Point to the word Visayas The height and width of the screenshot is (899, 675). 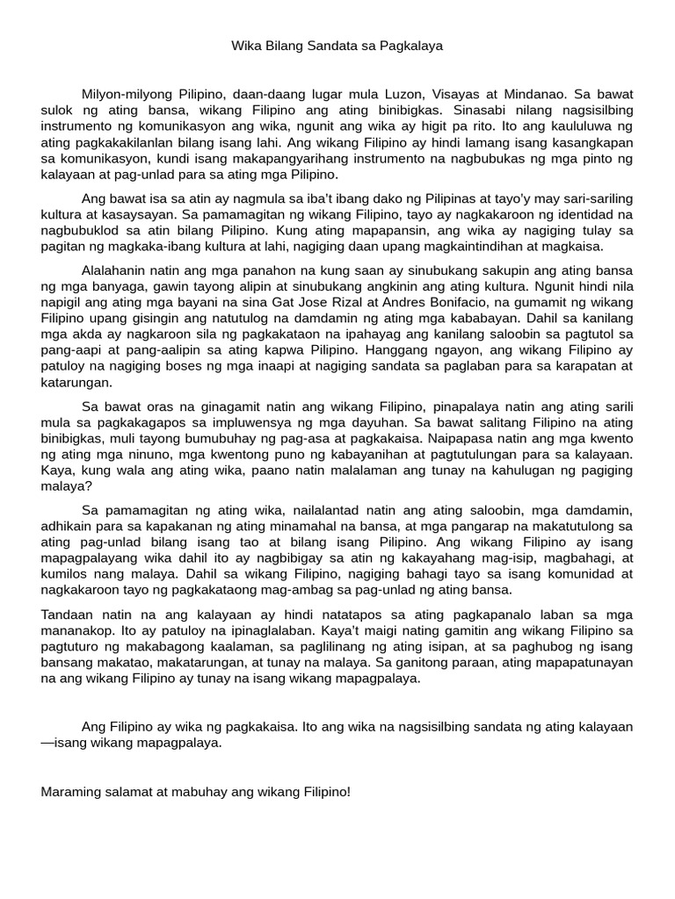(483, 93)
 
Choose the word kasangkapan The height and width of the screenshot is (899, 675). (592, 142)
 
